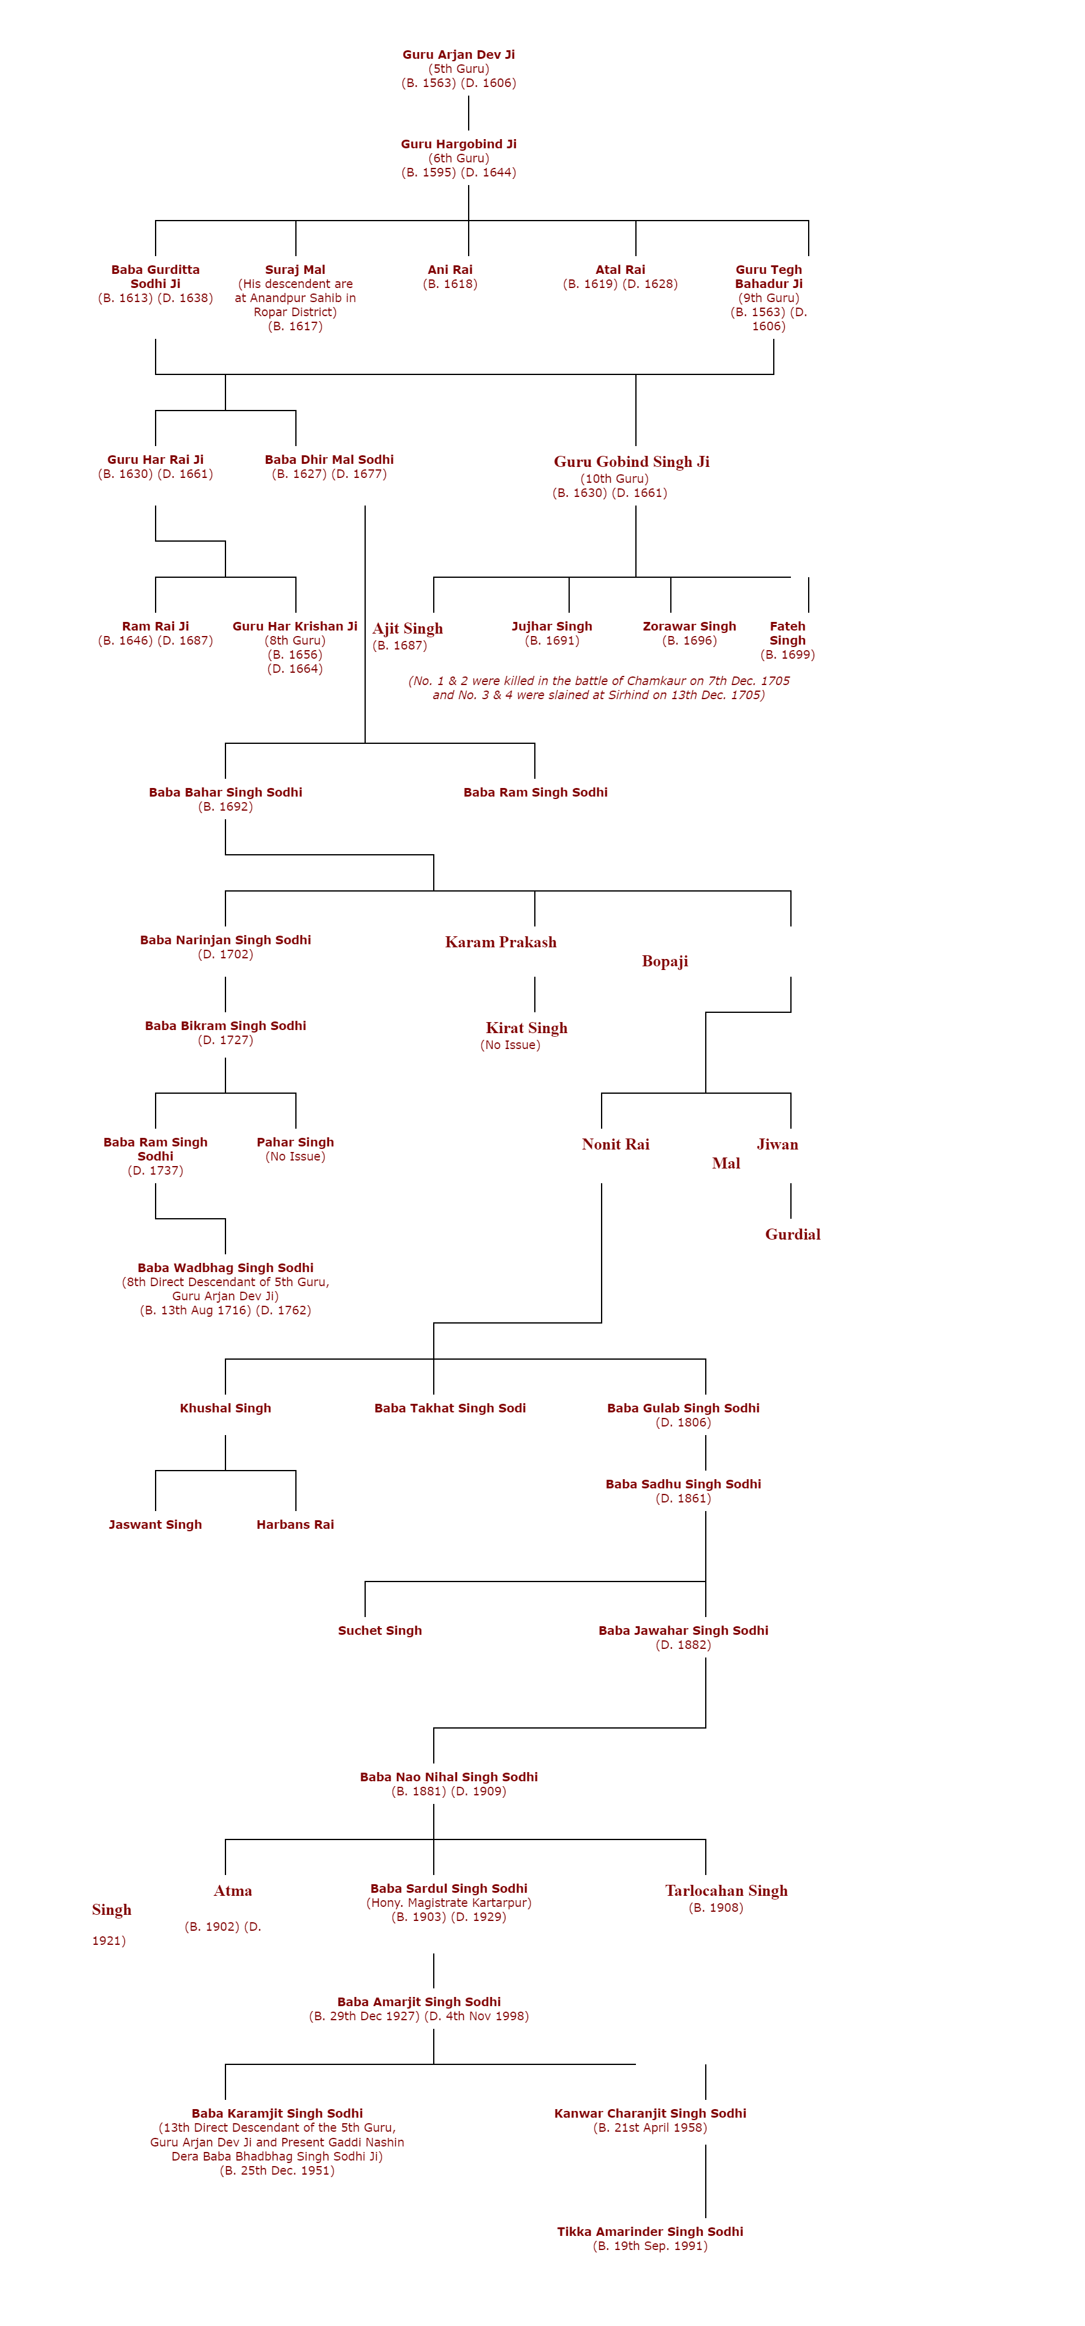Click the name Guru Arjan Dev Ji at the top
[x=458, y=54]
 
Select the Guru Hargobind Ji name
[x=458, y=143]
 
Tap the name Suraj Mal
[x=295, y=269]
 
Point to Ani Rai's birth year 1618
[x=450, y=284]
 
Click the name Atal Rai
[x=620, y=269]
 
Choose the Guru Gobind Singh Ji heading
[x=631, y=461]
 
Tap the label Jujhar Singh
[x=551, y=626]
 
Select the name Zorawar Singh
[x=689, y=626]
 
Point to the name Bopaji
[x=664, y=961]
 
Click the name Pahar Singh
[x=295, y=1142]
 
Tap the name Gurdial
[x=793, y=1234]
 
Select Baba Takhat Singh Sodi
[x=450, y=1407]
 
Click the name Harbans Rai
[x=295, y=1524]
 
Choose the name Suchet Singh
[x=379, y=1630]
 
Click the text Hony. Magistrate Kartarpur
[x=448, y=1903]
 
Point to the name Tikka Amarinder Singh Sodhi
[x=650, y=2231]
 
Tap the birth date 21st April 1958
[x=650, y=2127]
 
